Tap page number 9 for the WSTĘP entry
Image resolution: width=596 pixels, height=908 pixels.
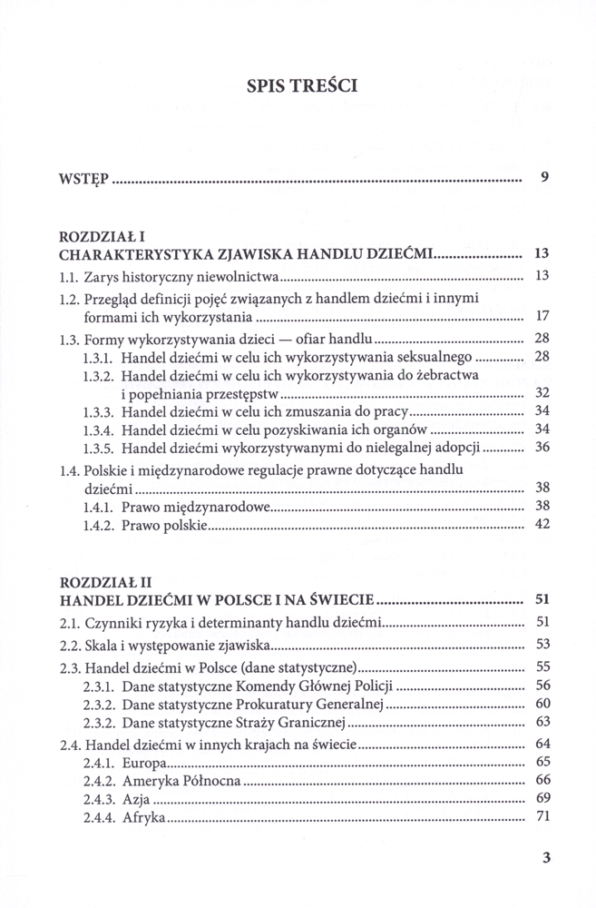[543, 178]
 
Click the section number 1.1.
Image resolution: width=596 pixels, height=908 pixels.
[69, 275]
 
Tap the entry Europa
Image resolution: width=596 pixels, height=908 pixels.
[142, 762]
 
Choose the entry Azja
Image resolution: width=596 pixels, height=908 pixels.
[135, 800]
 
